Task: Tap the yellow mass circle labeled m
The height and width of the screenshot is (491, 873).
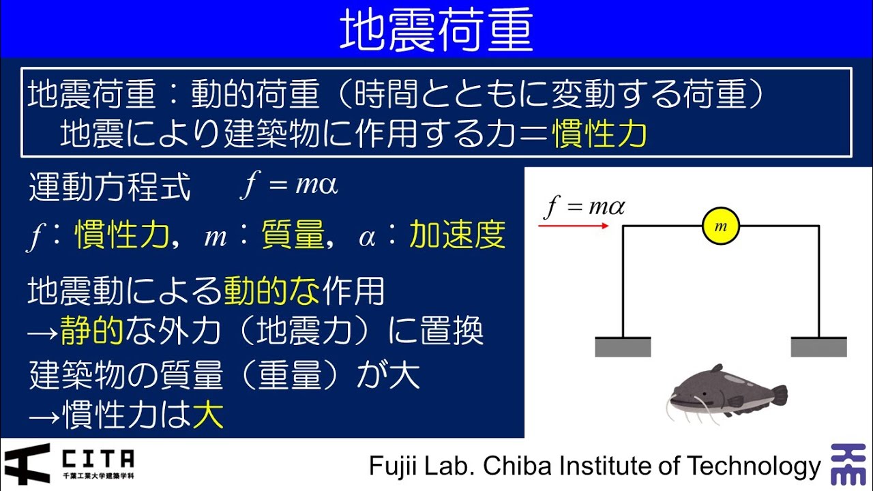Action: click(721, 226)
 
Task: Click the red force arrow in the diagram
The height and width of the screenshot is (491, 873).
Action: click(574, 225)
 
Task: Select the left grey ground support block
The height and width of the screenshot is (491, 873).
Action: click(623, 346)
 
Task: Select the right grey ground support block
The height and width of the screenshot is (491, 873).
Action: click(818, 346)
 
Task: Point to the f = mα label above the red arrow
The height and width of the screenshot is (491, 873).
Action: click(585, 206)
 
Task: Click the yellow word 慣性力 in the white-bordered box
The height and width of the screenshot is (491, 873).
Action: click(600, 134)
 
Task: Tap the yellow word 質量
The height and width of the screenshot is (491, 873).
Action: click(293, 236)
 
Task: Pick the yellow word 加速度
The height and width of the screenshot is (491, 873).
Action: click(457, 236)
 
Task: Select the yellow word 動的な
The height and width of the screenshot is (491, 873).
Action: click(271, 292)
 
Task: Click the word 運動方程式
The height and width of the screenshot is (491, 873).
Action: click(110, 188)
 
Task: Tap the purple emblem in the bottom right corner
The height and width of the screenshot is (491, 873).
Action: click(848, 464)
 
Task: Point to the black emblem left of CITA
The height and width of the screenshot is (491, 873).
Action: click(27, 464)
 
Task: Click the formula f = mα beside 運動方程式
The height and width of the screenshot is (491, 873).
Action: click(289, 186)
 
